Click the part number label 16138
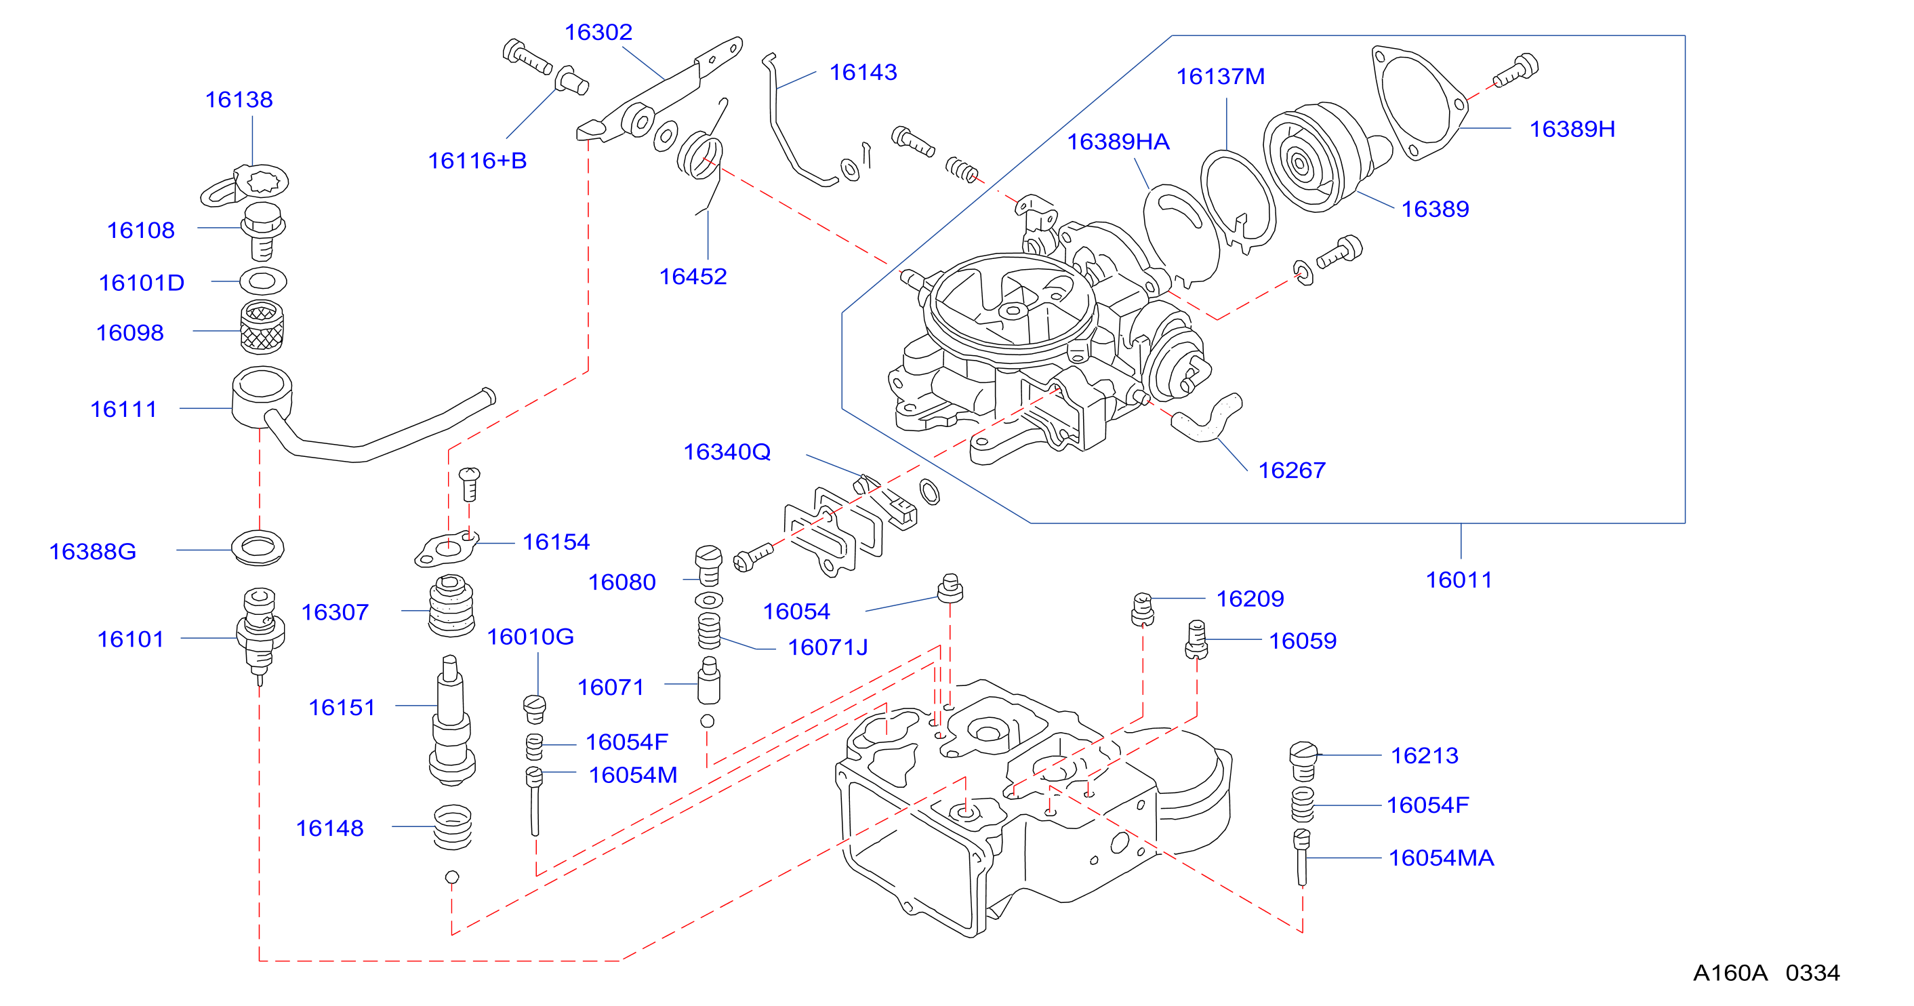(x=239, y=100)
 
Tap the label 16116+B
(x=477, y=161)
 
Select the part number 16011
(x=1459, y=580)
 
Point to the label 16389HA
(x=1118, y=142)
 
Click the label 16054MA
(x=1441, y=858)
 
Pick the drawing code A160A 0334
(x=1766, y=973)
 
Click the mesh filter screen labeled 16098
(x=262, y=327)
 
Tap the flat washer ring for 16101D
(x=263, y=281)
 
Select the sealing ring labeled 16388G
(x=258, y=548)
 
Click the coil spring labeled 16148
(x=453, y=826)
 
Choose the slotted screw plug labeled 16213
(x=1303, y=761)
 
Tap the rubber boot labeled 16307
(x=451, y=606)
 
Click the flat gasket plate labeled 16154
(x=446, y=550)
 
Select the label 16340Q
(x=727, y=451)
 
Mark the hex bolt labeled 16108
(x=263, y=231)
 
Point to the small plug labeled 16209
(x=1143, y=609)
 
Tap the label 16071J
(x=828, y=648)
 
